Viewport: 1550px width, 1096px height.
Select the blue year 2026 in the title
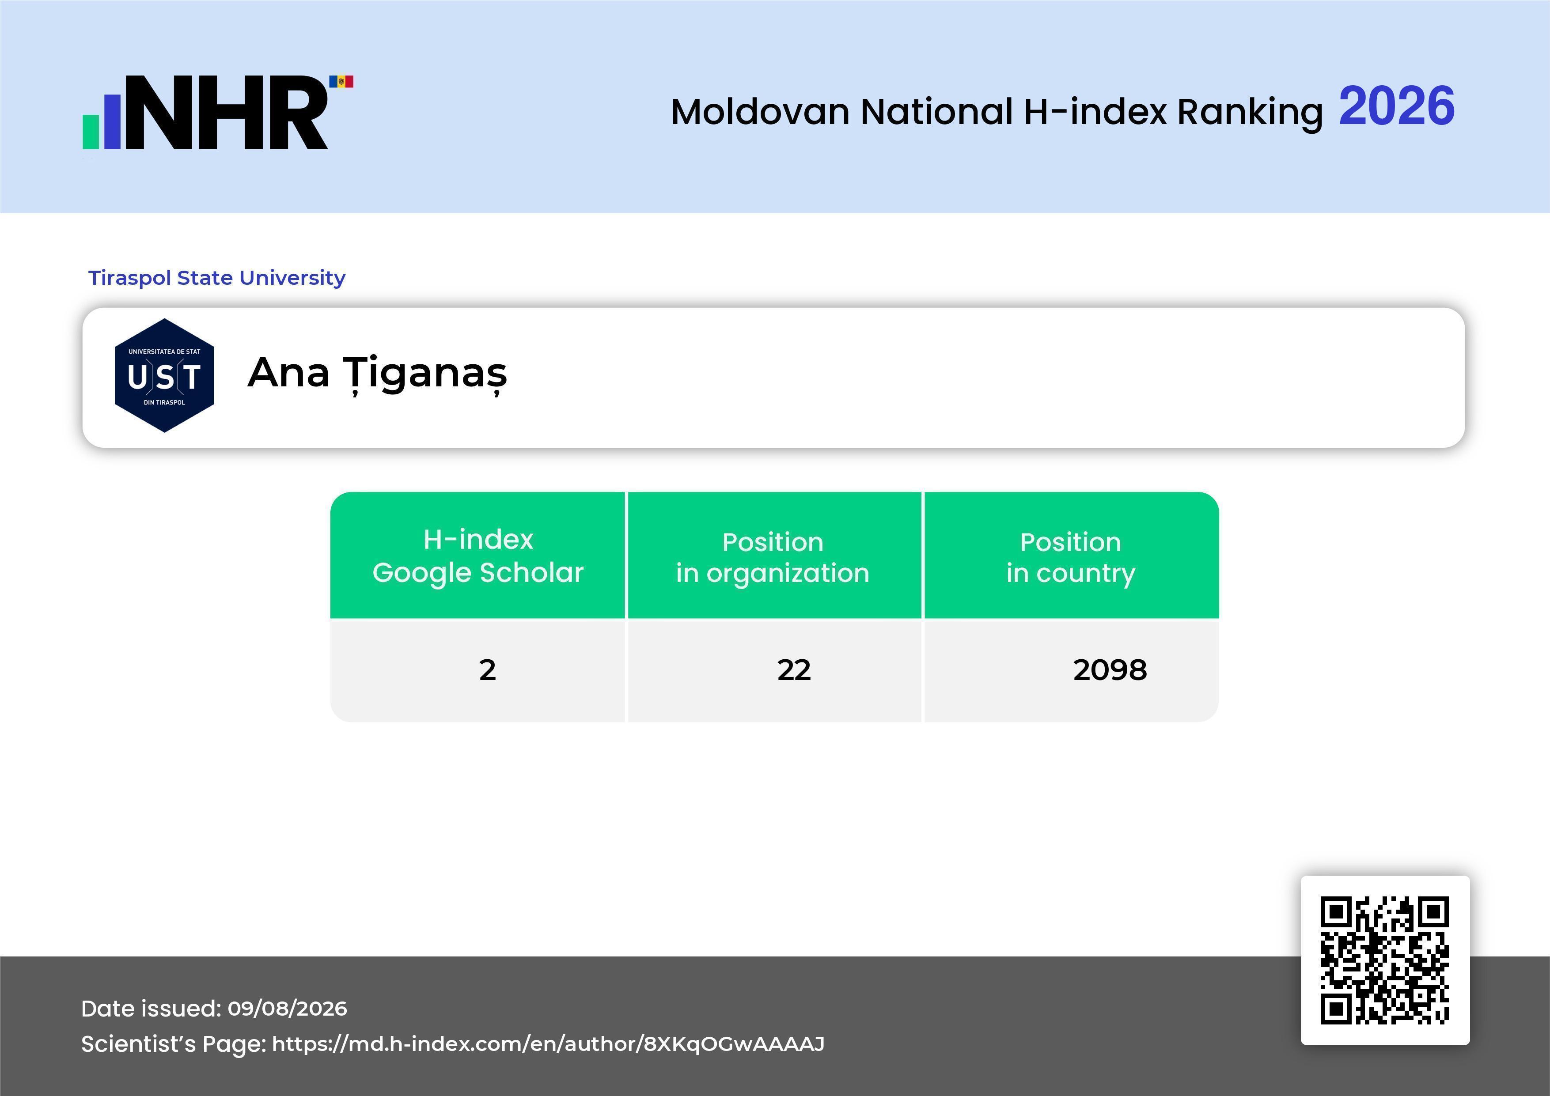point(1396,106)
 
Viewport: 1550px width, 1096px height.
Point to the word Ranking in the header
point(1250,113)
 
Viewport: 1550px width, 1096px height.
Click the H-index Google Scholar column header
point(478,556)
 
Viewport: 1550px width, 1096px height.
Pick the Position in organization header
point(773,557)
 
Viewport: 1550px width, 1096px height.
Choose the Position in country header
point(1071,557)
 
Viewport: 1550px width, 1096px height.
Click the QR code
point(1385,960)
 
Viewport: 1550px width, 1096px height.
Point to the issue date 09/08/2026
point(287,1008)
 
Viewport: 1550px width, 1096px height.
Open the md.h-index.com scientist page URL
point(548,1044)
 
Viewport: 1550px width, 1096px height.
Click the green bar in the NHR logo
point(91,131)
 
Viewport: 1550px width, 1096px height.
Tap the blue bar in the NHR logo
point(112,121)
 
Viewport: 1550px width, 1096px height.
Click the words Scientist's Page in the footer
point(173,1044)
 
